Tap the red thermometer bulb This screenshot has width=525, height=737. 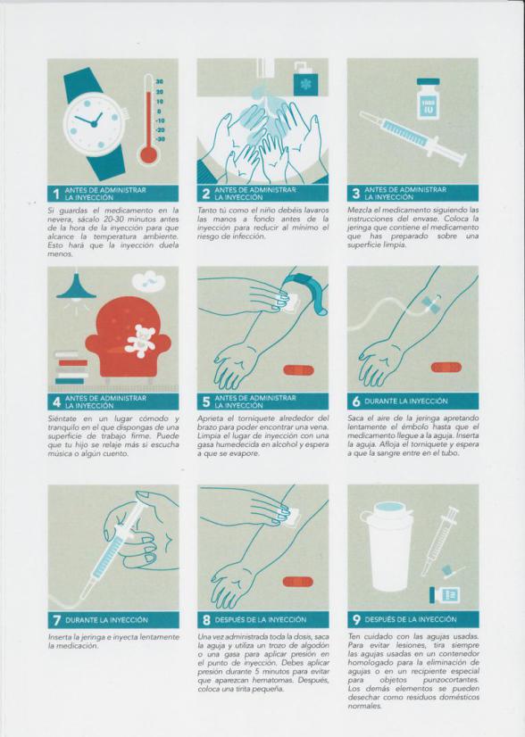tap(148, 154)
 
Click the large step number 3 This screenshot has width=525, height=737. tap(356, 194)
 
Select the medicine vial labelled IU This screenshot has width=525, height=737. tap(428, 99)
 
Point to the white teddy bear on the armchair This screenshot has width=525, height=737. tap(140, 341)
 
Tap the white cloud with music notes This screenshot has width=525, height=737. tap(148, 280)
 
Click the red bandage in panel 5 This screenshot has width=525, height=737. tap(298, 370)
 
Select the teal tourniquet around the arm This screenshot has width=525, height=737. tap(311, 291)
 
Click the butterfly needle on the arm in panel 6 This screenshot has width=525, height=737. tap(431, 304)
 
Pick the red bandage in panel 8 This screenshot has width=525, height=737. tap(298, 582)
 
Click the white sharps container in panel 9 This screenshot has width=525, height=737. tap(390, 546)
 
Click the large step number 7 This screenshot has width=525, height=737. tap(56, 620)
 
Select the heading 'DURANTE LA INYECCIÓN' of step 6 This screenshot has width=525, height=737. tap(406, 402)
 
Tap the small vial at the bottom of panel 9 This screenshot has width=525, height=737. tap(445, 595)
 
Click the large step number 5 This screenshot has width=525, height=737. tap(206, 402)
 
